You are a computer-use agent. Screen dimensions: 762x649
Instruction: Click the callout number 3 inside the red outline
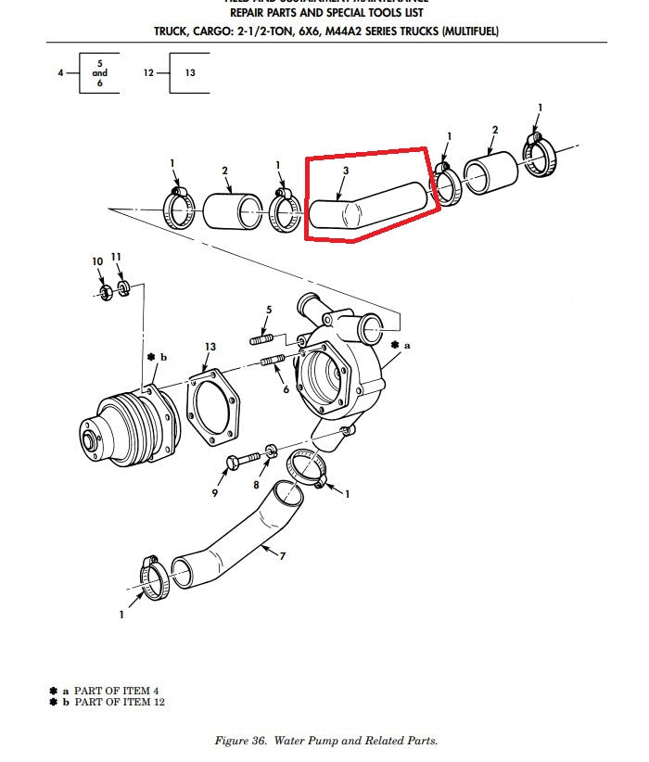tap(345, 171)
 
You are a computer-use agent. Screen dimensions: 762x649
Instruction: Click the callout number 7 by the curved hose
tap(282, 556)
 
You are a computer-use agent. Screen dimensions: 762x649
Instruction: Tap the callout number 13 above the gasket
tap(210, 347)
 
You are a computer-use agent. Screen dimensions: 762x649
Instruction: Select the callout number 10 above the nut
tap(97, 262)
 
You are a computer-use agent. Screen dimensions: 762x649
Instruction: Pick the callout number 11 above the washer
tap(116, 257)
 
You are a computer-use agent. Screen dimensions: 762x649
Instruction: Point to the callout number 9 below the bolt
tap(214, 494)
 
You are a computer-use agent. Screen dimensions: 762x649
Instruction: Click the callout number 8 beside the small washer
tap(256, 484)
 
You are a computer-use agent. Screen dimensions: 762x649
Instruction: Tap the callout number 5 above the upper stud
tap(269, 309)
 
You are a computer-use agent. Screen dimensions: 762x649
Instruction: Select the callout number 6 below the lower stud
tap(286, 389)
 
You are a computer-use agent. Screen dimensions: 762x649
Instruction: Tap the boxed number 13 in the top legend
tap(190, 72)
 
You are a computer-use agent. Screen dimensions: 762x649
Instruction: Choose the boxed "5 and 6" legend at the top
tap(100, 72)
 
